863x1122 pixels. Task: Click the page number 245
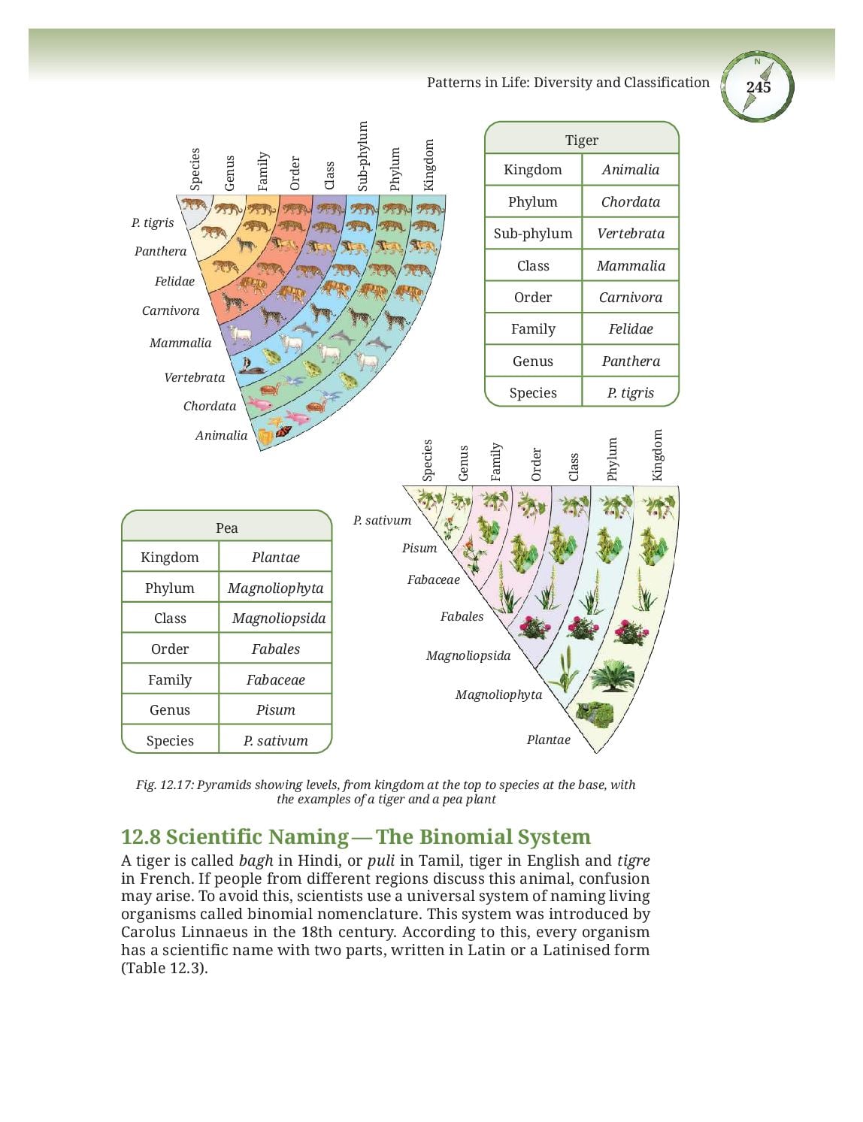coord(758,86)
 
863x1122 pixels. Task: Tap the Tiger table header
coord(582,140)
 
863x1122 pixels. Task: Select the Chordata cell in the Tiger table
coord(630,201)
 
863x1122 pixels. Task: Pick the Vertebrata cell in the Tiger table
coord(630,234)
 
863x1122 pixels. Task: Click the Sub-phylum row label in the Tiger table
coord(532,234)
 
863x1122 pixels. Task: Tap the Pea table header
coord(227,528)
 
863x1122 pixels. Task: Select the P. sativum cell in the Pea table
coord(275,740)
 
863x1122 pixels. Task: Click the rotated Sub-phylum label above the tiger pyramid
coord(362,156)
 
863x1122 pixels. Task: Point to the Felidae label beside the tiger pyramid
coord(174,281)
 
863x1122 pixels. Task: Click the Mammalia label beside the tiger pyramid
coord(180,343)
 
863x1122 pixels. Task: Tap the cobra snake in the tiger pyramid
coord(249,366)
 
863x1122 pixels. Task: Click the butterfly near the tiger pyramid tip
coord(283,430)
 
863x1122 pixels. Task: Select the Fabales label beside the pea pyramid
coord(462,616)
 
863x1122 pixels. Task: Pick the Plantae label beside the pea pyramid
coord(549,739)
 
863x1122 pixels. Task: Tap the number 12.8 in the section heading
coord(140,837)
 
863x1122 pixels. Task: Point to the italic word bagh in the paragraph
coord(256,861)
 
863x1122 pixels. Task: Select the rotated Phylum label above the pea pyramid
coord(611,459)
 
